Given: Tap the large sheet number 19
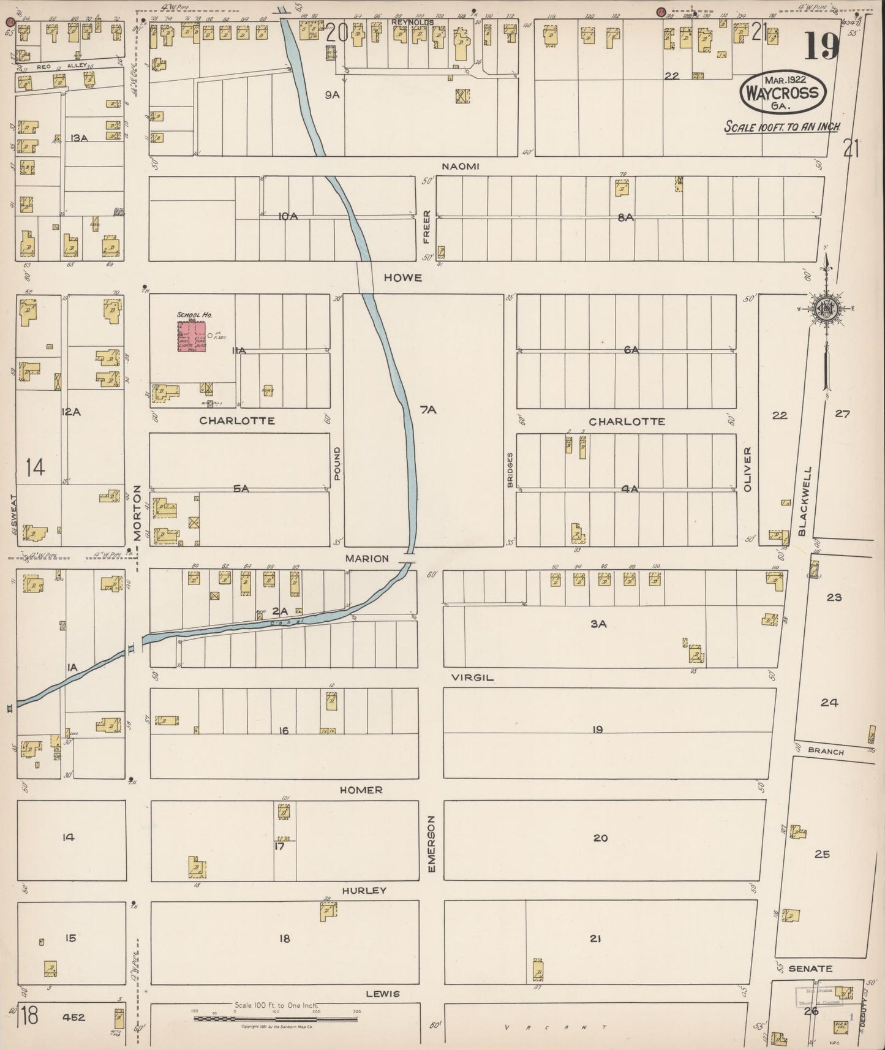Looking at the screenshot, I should [821, 46].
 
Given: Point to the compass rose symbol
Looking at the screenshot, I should [826, 309].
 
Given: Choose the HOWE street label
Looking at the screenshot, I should [402, 278].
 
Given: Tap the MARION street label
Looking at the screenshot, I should [367, 558].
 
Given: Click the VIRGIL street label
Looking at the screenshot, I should [472, 678].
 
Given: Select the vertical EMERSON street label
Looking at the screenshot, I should [431, 844].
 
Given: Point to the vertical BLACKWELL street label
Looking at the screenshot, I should [805, 501].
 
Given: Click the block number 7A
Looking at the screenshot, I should [428, 410].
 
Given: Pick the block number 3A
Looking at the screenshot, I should [598, 624].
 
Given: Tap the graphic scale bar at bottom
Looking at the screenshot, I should [276, 1019].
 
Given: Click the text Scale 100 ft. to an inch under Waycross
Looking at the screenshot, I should [781, 127].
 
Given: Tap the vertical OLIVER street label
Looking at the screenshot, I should [747, 469].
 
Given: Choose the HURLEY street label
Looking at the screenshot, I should [364, 890].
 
